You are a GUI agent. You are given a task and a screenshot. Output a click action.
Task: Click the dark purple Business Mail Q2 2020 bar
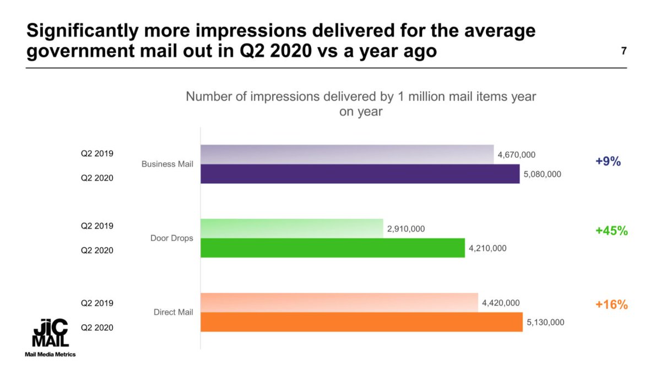pyautogui.click(x=360, y=174)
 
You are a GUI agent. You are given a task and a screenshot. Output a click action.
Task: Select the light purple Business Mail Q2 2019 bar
pyautogui.click(x=347, y=155)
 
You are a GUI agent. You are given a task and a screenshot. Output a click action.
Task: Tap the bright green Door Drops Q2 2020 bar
pyautogui.click(x=333, y=248)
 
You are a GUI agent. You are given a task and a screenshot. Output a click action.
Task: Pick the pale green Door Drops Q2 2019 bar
pyautogui.click(x=292, y=228)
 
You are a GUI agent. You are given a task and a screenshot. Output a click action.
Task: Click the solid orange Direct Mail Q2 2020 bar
pyautogui.click(x=361, y=322)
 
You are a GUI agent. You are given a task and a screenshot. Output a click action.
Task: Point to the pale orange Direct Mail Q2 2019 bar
pyautogui.click(x=339, y=303)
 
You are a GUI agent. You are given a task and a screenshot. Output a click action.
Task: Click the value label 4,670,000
pyautogui.click(x=516, y=155)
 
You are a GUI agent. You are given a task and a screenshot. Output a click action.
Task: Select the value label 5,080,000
pyautogui.click(x=542, y=174)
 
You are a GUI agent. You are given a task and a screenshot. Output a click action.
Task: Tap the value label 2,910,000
pyautogui.click(x=406, y=229)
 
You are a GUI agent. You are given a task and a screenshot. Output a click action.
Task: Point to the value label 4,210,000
pyautogui.click(x=487, y=248)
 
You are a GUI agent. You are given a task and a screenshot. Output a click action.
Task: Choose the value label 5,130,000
pyautogui.click(x=545, y=322)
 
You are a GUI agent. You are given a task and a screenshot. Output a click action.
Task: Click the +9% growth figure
pyautogui.click(x=608, y=162)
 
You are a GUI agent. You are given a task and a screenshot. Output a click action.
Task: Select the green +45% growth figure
pyautogui.click(x=611, y=231)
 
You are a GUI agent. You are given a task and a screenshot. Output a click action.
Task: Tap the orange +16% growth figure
pyautogui.click(x=611, y=304)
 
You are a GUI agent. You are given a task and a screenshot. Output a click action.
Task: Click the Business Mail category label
pyautogui.click(x=167, y=164)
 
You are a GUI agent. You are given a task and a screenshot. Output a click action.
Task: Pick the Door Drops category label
pyautogui.click(x=172, y=238)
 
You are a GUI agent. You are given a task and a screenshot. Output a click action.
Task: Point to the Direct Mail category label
pyautogui.click(x=173, y=312)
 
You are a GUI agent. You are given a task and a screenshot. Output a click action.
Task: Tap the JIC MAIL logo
pyautogui.click(x=50, y=333)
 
